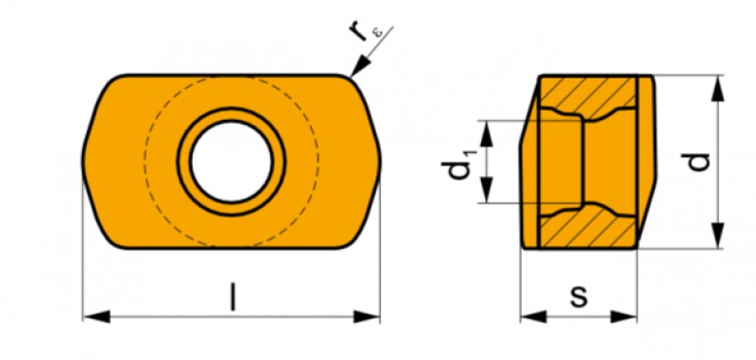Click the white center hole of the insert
coord(232,162)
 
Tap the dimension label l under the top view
coord(233,297)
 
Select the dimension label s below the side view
coord(579,297)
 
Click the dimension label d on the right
coord(699,162)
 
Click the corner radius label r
coord(357,31)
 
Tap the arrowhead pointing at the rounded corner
coord(359,66)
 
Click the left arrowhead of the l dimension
coord(96,317)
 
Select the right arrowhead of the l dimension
coord(367,317)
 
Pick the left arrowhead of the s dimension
coord(534,317)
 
